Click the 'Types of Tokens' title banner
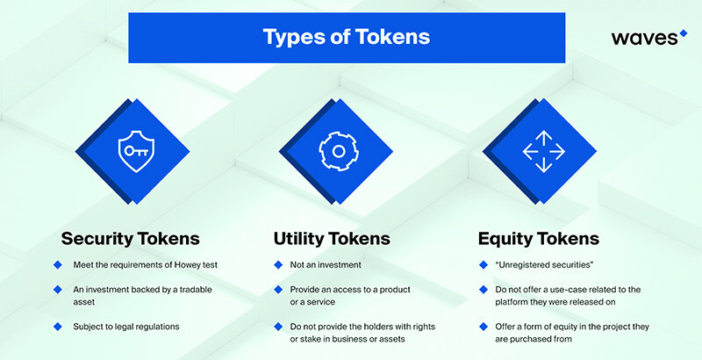[x=347, y=38]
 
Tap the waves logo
[x=648, y=38]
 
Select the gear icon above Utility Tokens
[x=337, y=150]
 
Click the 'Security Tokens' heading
[x=129, y=238]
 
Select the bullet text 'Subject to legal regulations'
[x=127, y=327]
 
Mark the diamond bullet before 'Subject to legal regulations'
[x=58, y=327]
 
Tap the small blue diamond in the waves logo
[x=684, y=33]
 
